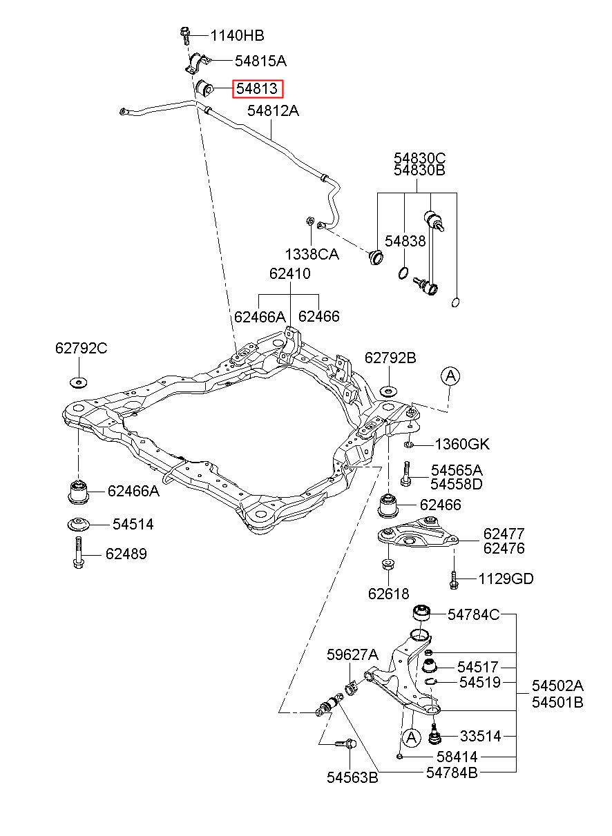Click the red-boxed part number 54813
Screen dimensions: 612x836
(257, 88)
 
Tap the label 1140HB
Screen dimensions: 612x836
(237, 36)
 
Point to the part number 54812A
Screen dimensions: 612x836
(273, 110)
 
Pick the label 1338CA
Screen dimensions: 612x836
(312, 254)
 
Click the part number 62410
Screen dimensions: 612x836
(289, 273)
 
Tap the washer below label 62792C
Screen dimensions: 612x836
(79, 382)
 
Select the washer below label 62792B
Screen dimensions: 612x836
(388, 391)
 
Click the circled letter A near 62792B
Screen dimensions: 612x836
(450, 376)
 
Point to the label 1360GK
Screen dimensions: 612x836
(462, 444)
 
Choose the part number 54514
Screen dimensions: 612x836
(133, 525)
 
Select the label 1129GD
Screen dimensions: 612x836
(506, 579)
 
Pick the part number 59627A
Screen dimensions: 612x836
(352, 654)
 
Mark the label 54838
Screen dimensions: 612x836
(405, 241)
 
